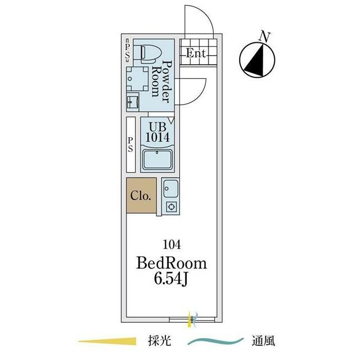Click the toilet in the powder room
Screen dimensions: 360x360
(148, 54)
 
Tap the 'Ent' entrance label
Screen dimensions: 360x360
(195, 53)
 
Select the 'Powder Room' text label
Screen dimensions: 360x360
(161, 82)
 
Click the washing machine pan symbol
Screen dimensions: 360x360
(137, 79)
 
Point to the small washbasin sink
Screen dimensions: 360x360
(133, 102)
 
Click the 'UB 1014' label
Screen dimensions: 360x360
(157, 133)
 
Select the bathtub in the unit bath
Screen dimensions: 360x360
(157, 159)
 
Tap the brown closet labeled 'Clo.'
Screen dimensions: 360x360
(141, 195)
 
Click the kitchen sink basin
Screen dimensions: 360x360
(170, 189)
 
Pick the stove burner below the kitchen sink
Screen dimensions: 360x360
(171, 207)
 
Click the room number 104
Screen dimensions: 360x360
(172, 245)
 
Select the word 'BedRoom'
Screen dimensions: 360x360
(172, 263)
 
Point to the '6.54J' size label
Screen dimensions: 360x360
(171, 279)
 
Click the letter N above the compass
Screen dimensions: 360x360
(265, 37)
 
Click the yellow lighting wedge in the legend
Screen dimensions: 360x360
(107, 341)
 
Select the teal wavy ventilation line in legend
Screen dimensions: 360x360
(215, 341)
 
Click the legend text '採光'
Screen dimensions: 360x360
(160, 341)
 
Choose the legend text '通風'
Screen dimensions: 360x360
(263, 341)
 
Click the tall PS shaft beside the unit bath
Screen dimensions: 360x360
(130, 145)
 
